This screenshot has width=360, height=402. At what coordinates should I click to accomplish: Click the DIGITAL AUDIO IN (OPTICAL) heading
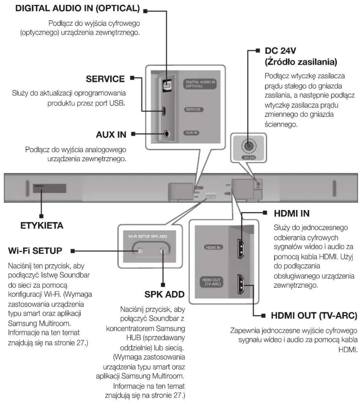77,8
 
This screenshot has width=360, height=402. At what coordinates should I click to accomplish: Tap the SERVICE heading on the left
105,79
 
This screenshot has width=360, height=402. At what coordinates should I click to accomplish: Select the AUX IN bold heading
111,135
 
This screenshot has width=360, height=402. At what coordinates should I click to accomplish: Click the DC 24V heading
280,51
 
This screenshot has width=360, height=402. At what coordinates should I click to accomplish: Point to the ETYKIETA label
42,226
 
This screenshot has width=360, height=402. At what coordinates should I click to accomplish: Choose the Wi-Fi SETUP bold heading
35,251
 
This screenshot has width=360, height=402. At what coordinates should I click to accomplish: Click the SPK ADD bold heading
164,294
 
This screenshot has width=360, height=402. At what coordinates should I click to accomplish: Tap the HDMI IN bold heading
291,213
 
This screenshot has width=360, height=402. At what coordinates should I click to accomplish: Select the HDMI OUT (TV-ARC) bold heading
314,316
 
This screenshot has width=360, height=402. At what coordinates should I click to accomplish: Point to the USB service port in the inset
164,111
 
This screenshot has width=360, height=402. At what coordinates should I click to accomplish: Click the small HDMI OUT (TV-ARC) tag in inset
211,282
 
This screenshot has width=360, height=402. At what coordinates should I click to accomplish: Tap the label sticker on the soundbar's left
49,188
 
